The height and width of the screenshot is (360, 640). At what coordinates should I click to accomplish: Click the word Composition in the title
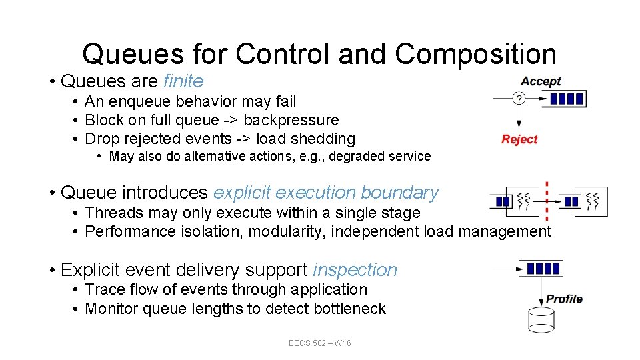475,54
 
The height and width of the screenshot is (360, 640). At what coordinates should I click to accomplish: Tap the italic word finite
183,81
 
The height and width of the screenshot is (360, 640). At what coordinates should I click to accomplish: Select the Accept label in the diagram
541,81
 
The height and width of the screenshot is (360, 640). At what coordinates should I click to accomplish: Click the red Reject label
519,139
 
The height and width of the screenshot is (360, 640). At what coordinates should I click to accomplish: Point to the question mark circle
519,99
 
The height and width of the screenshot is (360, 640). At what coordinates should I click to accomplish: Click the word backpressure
291,120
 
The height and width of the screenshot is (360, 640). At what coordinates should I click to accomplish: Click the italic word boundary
399,193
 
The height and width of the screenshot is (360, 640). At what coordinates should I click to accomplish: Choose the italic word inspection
355,270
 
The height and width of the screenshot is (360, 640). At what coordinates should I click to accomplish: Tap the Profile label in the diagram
564,299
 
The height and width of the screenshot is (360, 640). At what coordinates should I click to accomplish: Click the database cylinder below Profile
541,319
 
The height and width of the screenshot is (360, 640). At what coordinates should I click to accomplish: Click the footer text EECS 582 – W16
320,343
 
